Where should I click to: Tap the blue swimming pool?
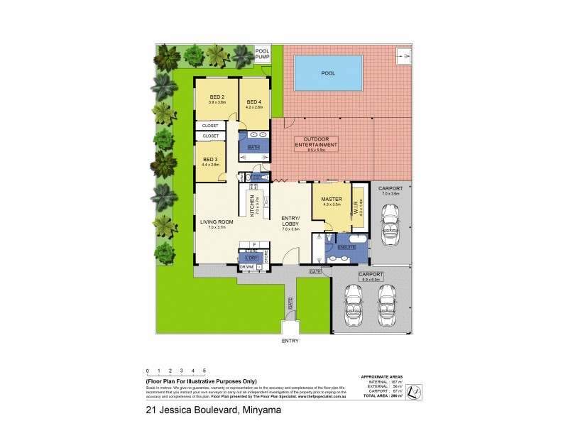pyautogui.click(x=327, y=72)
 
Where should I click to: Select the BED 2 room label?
pyautogui.click(x=217, y=98)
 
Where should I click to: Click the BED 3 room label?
pyautogui.click(x=210, y=159)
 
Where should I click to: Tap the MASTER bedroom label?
pyautogui.click(x=332, y=200)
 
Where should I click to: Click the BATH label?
pyautogui.click(x=253, y=147)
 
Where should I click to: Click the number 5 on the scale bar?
pyautogui.click(x=204, y=371)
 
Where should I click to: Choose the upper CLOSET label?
pyautogui.click(x=211, y=126)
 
